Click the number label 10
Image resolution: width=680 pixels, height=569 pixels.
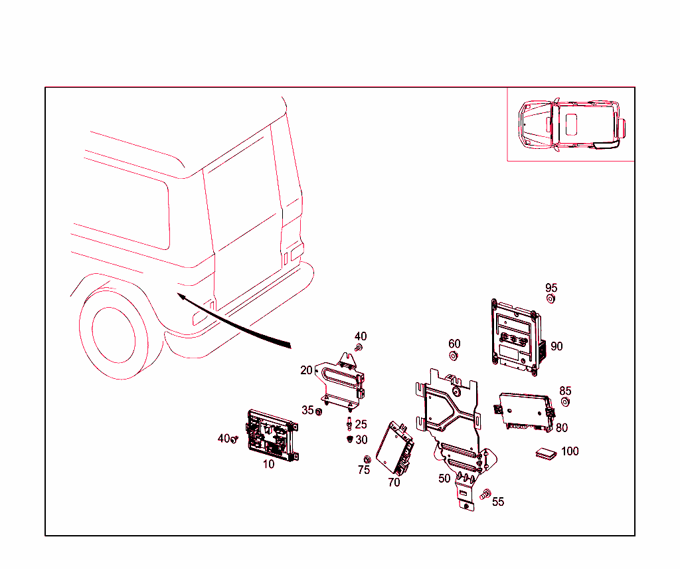point(268,465)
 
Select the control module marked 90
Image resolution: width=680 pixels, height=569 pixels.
point(517,335)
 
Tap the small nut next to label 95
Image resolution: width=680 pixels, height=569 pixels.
point(551,299)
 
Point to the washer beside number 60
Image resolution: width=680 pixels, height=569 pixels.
point(454,356)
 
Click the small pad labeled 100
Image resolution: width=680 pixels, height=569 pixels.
point(548,453)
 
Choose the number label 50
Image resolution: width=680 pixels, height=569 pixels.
point(444,478)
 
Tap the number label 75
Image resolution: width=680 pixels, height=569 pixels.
point(363,470)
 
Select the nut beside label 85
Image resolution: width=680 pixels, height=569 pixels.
point(565,403)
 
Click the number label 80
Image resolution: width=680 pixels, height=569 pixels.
point(562,428)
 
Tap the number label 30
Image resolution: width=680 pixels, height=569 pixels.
point(361,439)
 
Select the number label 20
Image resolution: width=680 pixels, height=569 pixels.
point(306,370)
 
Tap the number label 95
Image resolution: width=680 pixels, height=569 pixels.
point(551,288)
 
